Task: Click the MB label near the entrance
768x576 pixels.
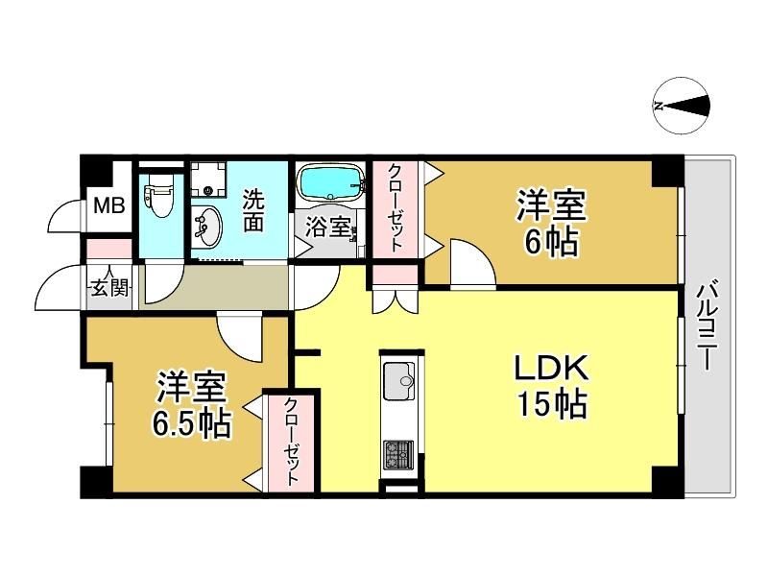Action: coord(109,205)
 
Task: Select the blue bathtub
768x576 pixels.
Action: coord(331,182)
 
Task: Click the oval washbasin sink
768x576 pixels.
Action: coord(207,228)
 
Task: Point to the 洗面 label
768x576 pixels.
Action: coord(253,210)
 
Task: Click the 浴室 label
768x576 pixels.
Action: coord(327,228)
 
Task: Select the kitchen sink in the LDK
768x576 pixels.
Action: coord(398,380)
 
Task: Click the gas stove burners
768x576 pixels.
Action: coord(398,454)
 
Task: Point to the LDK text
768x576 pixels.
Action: coord(550,369)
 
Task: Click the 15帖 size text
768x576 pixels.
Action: coord(552,404)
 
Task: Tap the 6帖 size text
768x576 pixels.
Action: coord(551,242)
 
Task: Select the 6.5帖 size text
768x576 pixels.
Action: coord(191,423)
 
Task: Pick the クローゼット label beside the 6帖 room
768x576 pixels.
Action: coord(396,208)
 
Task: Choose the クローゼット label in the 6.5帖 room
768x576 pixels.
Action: coord(292,442)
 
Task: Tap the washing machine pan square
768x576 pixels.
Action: coord(208,180)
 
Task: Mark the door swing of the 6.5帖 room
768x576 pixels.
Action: coord(240,338)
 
